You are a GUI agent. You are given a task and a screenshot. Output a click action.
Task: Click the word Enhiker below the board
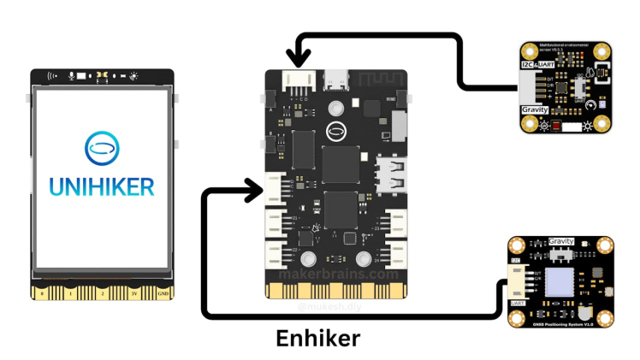click(x=317, y=338)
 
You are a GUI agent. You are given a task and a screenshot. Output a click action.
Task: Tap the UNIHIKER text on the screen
click(x=100, y=185)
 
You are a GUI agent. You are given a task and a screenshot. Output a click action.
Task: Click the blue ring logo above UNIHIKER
click(x=101, y=147)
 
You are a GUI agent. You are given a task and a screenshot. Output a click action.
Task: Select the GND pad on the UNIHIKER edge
click(x=162, y=292)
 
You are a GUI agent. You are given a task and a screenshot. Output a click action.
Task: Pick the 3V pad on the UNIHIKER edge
click(x=133, y=292)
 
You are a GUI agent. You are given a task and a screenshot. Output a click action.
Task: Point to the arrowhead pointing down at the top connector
click(x=299, y=58)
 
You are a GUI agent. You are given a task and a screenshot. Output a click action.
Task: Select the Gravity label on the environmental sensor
click(x=534, y=110)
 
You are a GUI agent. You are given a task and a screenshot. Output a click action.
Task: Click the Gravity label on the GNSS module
click(x=560, y=242)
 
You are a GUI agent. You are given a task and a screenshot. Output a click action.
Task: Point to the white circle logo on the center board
click(x=336, y=131)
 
